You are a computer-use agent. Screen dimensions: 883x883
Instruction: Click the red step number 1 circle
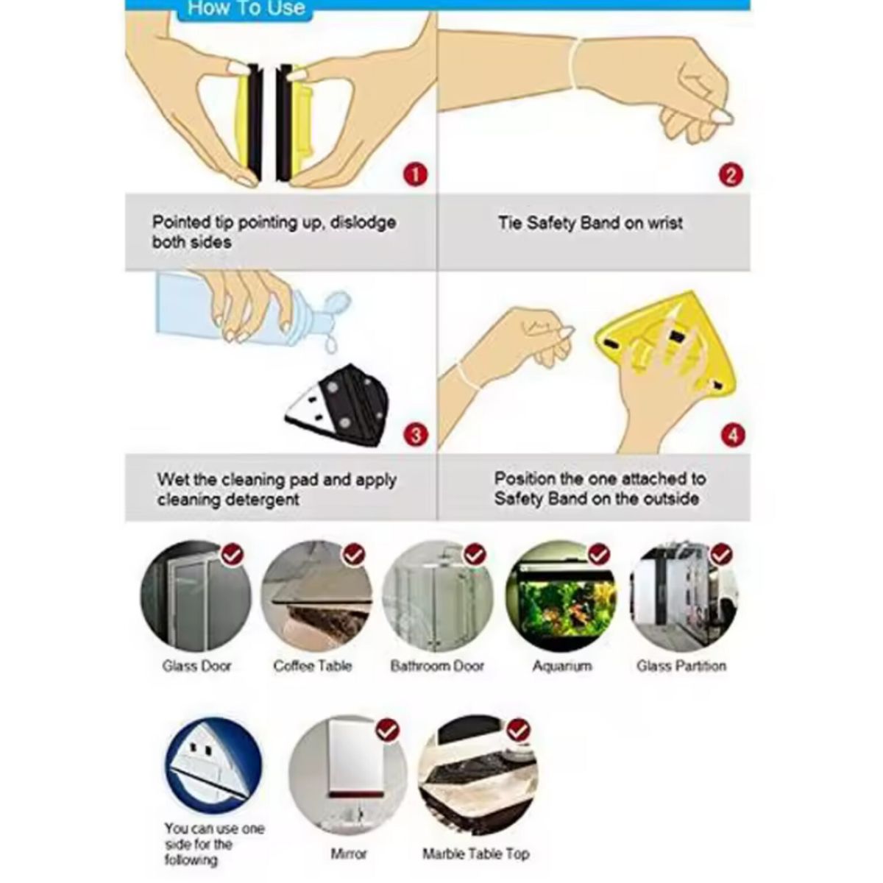(416, 176)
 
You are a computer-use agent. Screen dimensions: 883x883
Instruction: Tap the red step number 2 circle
(730, 176)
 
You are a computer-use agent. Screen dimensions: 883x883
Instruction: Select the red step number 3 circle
(416, 435)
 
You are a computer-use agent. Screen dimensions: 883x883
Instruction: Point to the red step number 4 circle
(731, 435)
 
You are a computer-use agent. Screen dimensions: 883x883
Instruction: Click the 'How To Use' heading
(246, 9)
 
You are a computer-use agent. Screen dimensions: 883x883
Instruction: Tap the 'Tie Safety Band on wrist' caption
(590, 223)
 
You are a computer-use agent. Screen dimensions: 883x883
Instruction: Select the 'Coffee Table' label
(313, 666)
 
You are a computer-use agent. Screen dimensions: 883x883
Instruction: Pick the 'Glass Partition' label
(681, 666)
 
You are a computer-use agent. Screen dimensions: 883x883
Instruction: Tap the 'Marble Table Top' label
(475, 854)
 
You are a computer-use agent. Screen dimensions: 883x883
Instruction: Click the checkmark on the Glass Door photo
(233, 554)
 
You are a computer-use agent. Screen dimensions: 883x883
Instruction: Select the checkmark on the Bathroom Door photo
(475, 554)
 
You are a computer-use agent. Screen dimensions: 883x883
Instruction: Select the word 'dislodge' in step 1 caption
(362, 222)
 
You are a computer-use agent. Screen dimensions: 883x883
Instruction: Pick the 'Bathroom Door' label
(437, 666)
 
